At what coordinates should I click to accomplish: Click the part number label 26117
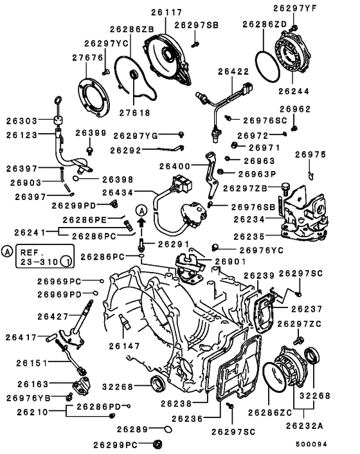(x=166, y=12)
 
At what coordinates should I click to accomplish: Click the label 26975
(x=310, y=154)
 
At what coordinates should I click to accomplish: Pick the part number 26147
(x=123, y=345)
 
